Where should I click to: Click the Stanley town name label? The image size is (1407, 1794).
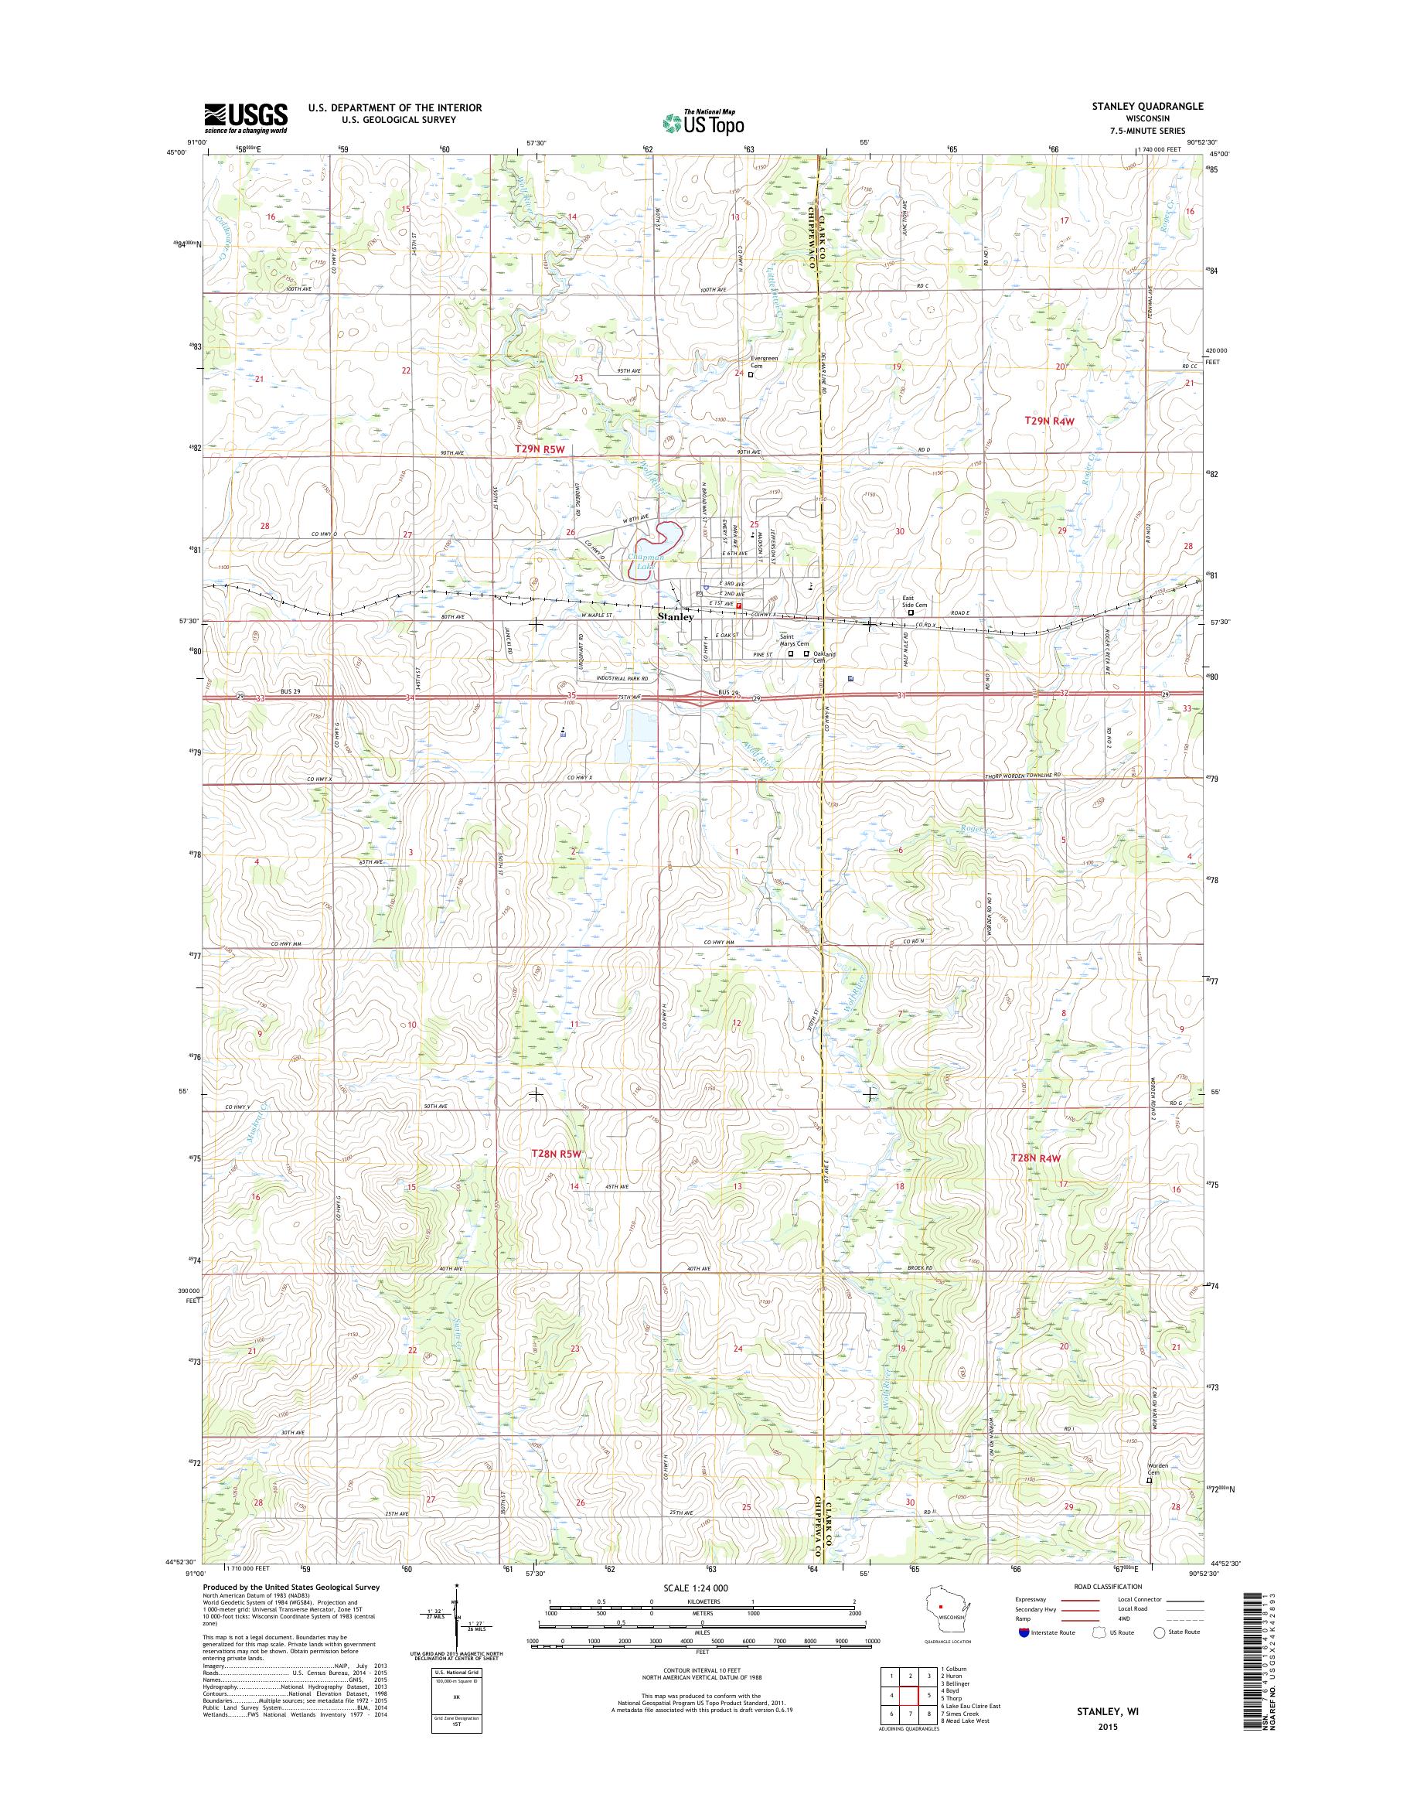click(676, 616)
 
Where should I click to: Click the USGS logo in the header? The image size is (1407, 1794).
click(246, 118)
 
